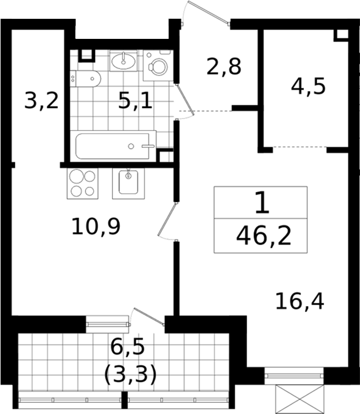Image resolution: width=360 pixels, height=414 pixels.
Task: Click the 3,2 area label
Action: coord(41,101)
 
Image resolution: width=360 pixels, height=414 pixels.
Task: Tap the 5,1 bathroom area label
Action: coord(135,101)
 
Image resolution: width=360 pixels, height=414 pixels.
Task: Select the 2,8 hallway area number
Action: coord(223,67)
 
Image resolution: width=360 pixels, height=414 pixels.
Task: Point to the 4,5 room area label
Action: coord(308,87)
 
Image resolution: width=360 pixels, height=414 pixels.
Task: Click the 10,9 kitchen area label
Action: coord(96,226)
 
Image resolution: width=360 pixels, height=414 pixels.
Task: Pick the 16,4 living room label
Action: coord(299,302)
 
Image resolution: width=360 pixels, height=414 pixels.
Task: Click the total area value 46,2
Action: coord(264,236)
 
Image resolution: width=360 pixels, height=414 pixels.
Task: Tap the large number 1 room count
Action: coord(262,203)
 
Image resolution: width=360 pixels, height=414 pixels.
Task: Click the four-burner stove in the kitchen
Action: coord(83,183)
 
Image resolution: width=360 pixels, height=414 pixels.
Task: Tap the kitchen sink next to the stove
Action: coord(128,183)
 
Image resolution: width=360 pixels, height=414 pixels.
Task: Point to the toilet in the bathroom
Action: coord(86,79)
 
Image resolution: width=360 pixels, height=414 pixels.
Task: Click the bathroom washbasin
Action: coord(123,61)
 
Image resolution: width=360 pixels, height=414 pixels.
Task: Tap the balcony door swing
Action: coord(147,317)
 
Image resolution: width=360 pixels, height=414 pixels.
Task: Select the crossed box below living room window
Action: coord(299,399)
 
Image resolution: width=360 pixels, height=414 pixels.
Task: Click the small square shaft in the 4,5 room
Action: coord(341,36)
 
